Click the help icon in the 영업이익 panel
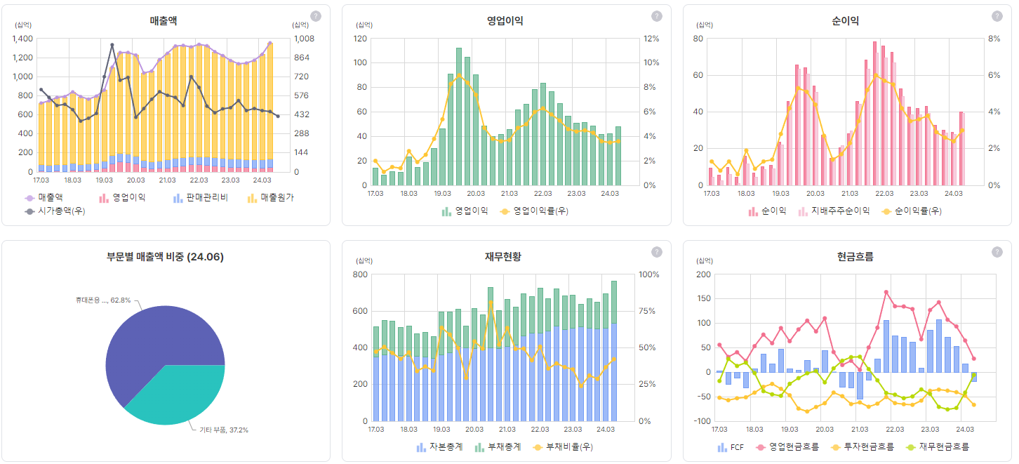click(x=656, y=16)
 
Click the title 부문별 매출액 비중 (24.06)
click(x=165, y=257)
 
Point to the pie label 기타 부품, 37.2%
click(x=224, y=430)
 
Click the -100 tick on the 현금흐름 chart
click(x=702, y=421)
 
